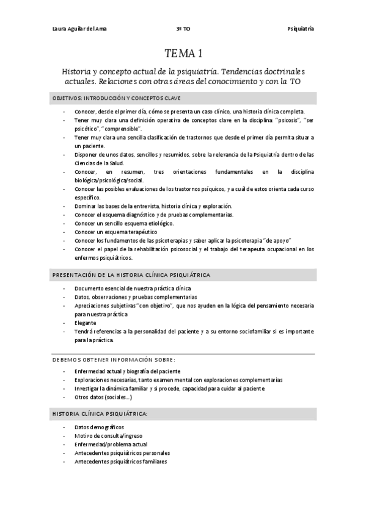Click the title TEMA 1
[183, 53]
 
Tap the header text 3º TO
[183, 29]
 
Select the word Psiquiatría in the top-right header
[301, 29]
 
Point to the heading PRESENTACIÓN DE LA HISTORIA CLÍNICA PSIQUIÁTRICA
[131, 275]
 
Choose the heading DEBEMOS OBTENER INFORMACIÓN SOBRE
[114, 358]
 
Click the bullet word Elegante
[86, 323]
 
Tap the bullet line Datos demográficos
[99, 427]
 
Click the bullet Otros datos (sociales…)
[103, 397]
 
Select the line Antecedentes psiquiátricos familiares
[120, 462]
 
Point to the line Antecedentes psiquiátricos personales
[122, 453]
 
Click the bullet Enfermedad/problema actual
[111, 444]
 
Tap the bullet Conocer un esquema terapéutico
[116, 232]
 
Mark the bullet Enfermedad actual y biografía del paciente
[127, 371]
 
